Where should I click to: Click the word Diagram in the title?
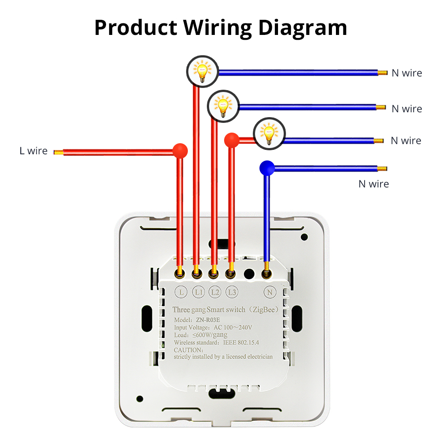pos(303,27)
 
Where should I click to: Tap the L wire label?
pos(33,151)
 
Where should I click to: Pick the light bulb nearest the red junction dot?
pos(269,133)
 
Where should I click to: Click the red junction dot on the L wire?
pos(179,151)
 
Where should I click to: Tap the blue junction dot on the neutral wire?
pos(267,167)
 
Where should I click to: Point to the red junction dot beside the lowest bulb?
pos(232,140)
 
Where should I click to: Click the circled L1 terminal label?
pos(198,292)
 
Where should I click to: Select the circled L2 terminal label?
pos(215,292)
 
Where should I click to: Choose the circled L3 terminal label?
pos(232,292)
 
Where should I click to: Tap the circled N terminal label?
pos(269,292)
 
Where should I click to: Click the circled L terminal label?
pos(181,292)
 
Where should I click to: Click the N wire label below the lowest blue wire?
pos(373,184)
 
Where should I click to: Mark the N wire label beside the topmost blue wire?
pos(407,73)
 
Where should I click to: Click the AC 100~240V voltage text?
pos(232,327)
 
